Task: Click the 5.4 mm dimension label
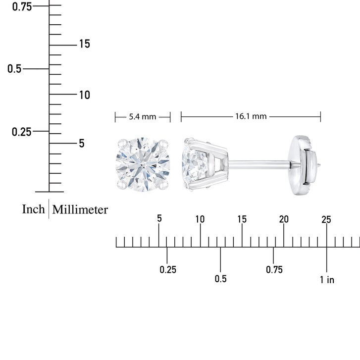point(142,117)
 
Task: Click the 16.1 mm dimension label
point(251,116)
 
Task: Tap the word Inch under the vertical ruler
point(33,209)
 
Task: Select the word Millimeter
point(80,209)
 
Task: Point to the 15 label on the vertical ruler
point(85,44)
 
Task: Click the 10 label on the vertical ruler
point(85,95)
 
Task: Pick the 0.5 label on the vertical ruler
point(14,69)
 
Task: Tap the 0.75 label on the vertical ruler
point(22,6)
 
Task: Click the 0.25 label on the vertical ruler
point(21,132)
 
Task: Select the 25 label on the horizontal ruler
point(326,220)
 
